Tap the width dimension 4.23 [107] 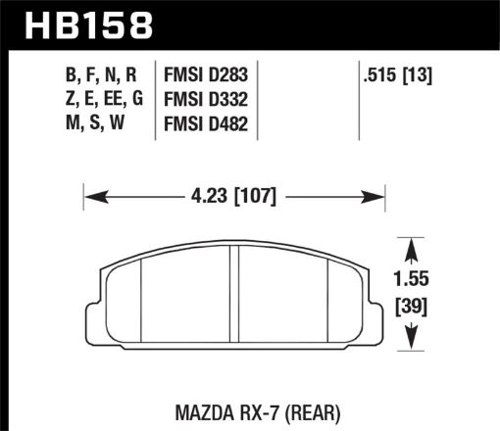coord(234,196)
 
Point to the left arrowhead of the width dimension coord(93,196)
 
